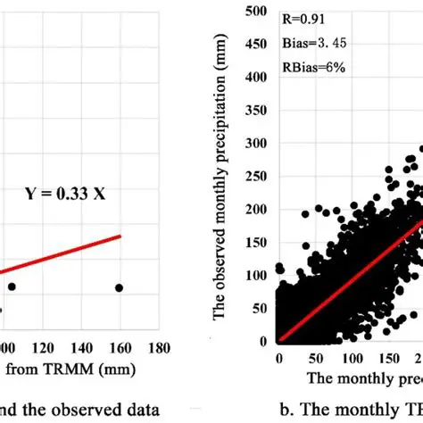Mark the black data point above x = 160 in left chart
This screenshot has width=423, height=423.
pyautogui.click(x=119, y=287)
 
